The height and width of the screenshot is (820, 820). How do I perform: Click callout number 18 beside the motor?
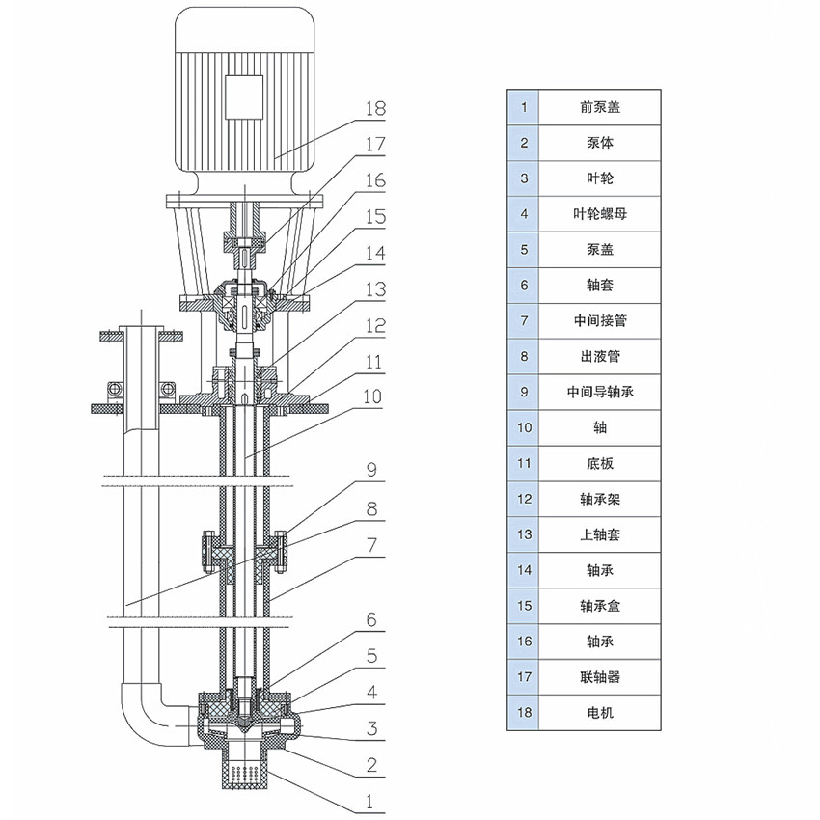tap(374, 109)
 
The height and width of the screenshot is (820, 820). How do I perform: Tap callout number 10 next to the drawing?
tap(374, 396)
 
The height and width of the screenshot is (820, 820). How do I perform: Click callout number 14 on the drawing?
tap(374, 254)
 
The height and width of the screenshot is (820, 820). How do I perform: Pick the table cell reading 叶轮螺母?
tap(599, 213)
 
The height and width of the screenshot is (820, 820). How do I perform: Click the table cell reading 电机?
tap(599, 713)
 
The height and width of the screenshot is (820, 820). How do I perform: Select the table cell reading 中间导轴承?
tap(599, 392)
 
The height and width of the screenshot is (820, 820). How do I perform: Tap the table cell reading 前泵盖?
tap(599, 107)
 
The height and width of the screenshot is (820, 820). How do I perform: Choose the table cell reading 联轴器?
tap(599, 677)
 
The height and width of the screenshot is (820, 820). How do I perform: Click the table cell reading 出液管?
tap(599, 356)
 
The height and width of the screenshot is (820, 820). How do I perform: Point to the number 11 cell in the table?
tap(524, 463)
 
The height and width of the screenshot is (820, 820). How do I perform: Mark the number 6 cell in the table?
tap(524, 285)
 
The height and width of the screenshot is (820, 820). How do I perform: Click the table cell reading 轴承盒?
tap(599, 606)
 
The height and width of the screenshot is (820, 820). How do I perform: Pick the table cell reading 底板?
tap(599, 463)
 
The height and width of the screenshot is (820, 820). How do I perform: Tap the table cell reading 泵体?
tap(599, 143)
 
